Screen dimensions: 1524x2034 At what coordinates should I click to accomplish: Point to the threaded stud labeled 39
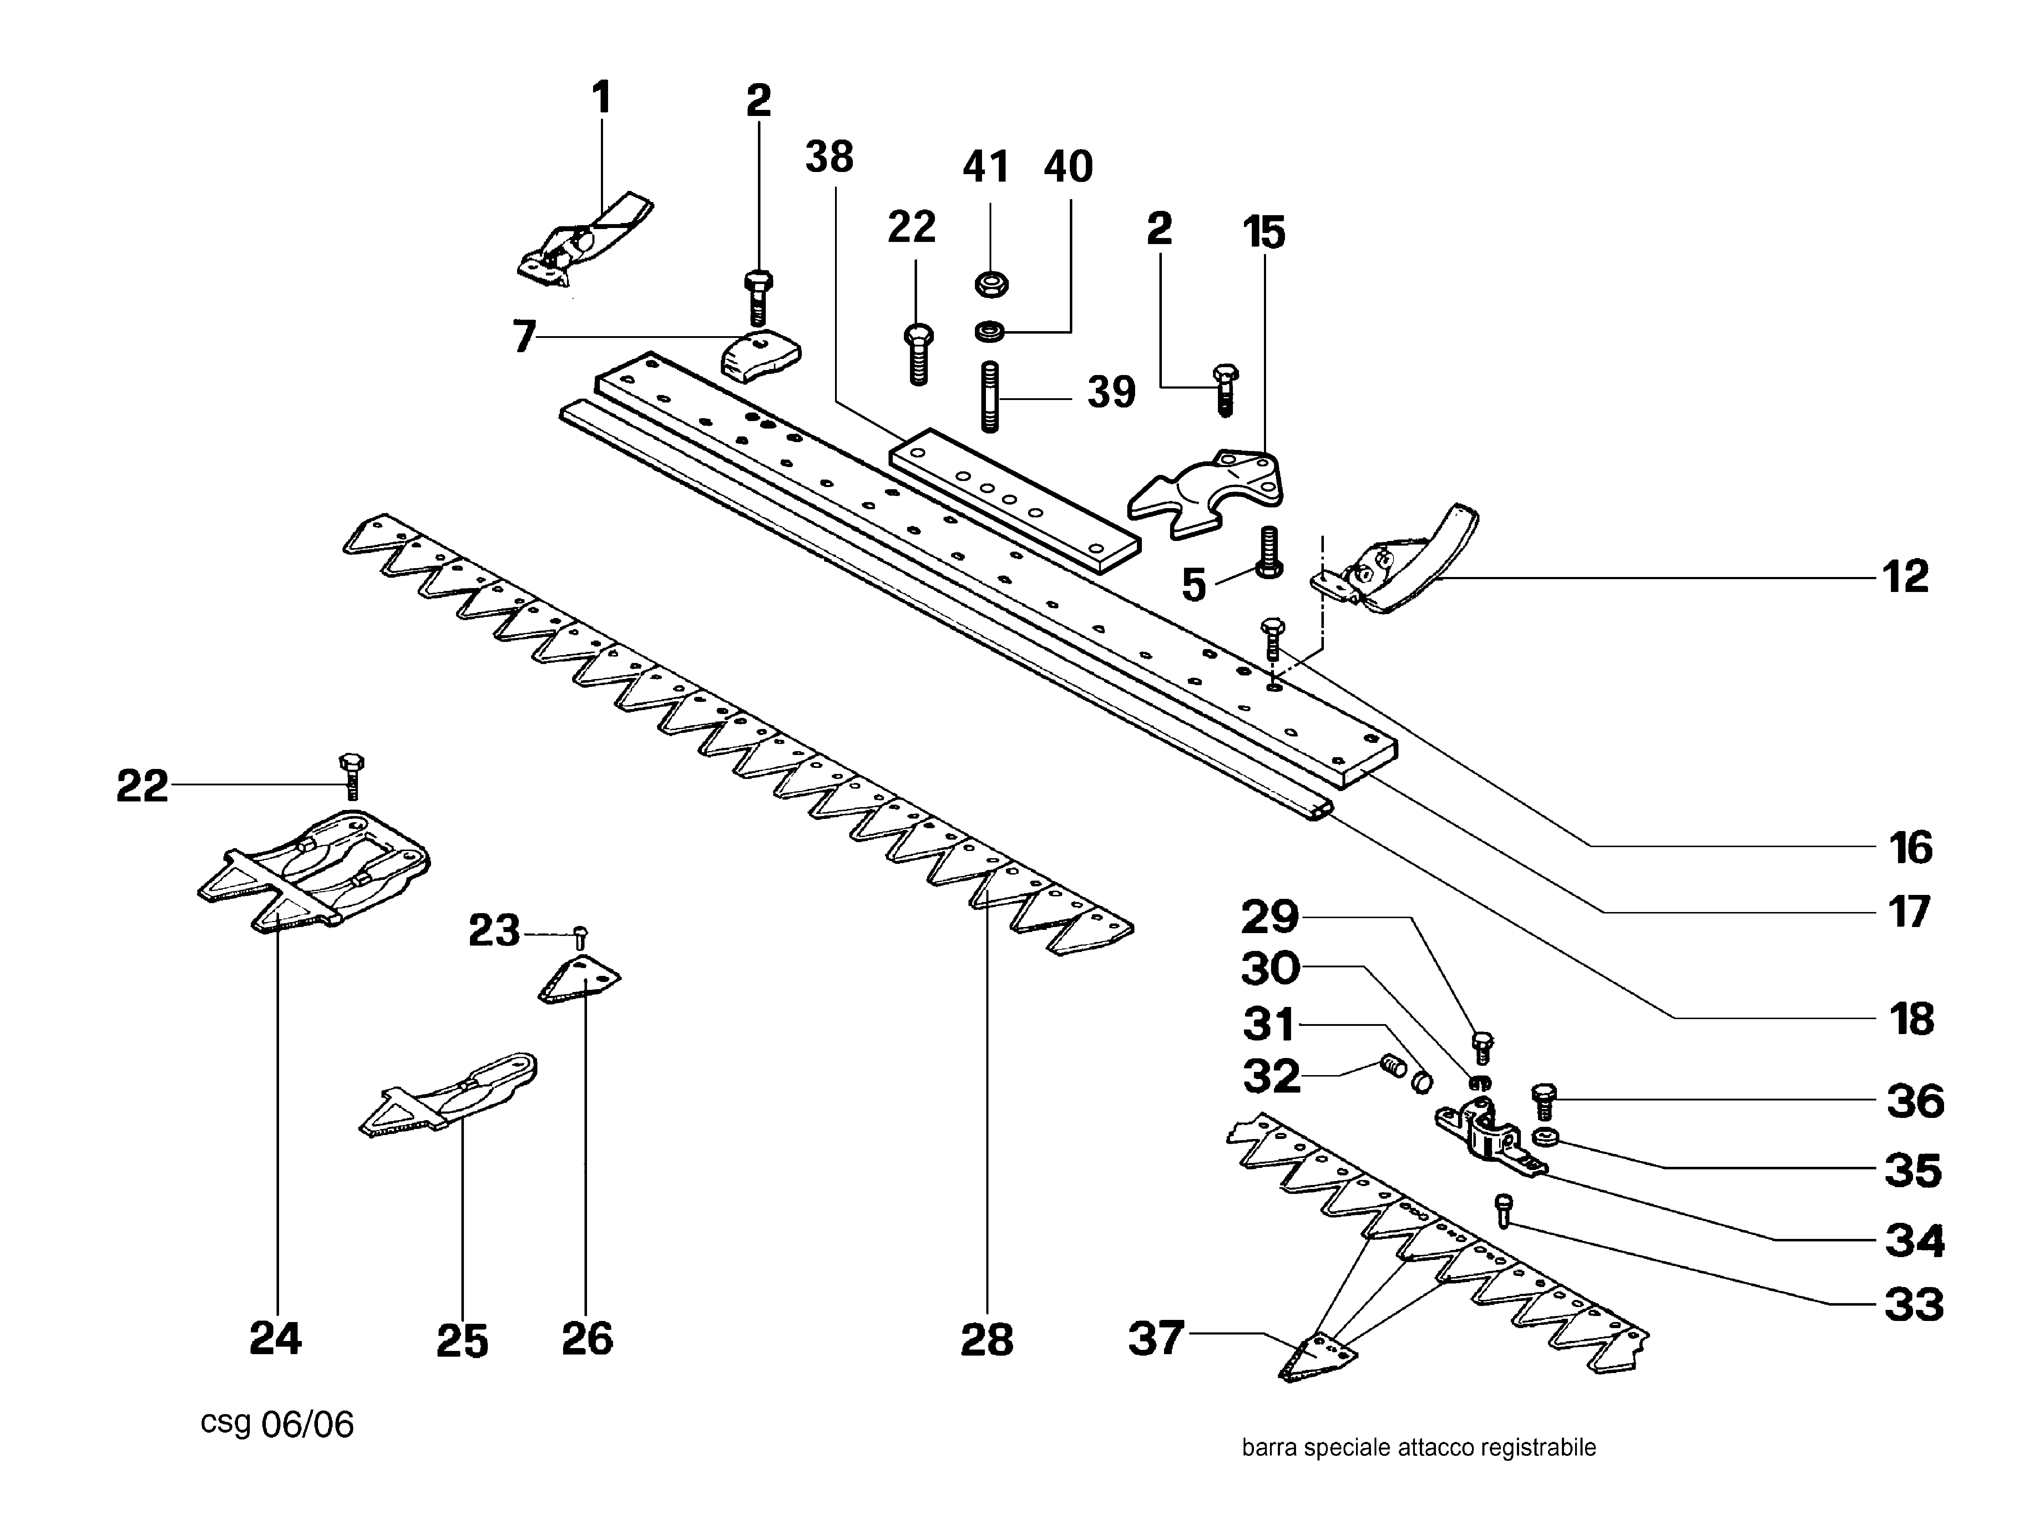click(990, 398)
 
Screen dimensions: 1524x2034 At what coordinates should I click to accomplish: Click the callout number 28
click(987, 1339)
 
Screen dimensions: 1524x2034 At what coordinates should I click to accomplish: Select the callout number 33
click(1913, 1304)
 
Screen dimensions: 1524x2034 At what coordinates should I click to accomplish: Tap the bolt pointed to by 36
click(1544, 1100)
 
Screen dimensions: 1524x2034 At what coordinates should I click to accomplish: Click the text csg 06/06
click(277, 1424)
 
